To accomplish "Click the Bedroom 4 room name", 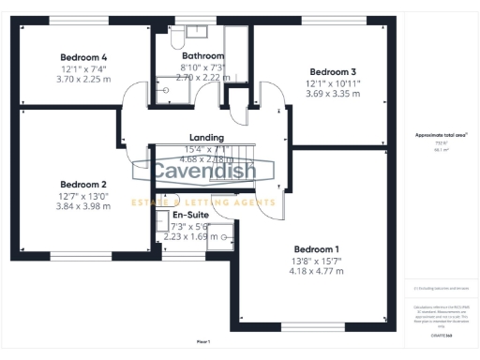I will coord(84,56).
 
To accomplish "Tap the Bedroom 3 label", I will coord(334,72).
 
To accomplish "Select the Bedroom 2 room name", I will coord(83,185).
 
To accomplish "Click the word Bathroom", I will coord(202,56).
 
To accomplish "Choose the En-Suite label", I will coord(190,215).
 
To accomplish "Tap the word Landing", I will coord(206,137).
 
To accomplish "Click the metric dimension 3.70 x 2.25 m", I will coord(84,80).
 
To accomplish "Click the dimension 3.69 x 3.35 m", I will coord(334,95).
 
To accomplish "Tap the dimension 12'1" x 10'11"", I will coord(334,83).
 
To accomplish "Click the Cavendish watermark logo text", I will coord(202,172).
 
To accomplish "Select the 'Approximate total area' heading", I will coord(441,135).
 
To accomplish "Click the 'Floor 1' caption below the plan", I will coord(203,341).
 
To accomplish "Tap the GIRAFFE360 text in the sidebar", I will coord(442,335).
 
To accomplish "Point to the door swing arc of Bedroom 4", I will coord(139,92).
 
